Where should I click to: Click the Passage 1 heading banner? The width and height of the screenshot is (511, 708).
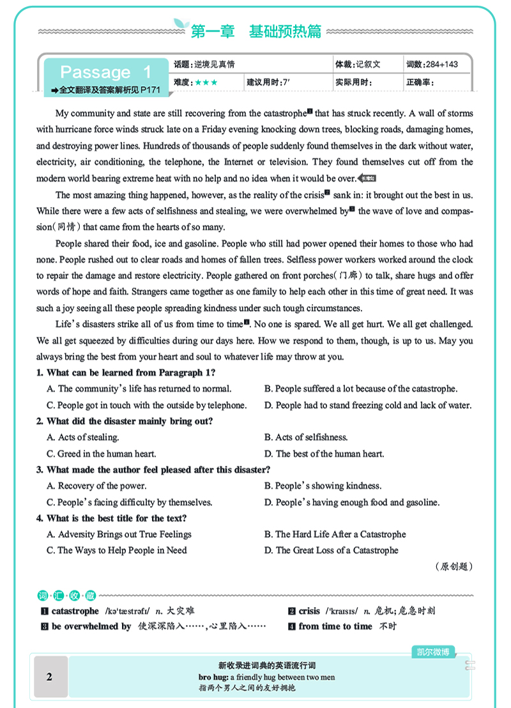coord(105,72)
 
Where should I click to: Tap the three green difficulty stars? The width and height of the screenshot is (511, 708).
coord(206,82)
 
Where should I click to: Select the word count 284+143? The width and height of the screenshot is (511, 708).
coord(432,65)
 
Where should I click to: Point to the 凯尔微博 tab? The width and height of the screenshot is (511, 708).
coord(433,652)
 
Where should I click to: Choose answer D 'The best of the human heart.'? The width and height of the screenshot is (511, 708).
coord(324,454)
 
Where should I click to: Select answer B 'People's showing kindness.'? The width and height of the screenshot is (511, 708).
coord(323,486)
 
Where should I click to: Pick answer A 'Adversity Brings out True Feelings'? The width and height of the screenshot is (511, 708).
coord(119,534)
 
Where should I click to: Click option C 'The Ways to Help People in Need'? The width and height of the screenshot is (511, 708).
coord(117,550)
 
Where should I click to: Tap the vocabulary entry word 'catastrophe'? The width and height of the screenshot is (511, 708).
coord(75,611)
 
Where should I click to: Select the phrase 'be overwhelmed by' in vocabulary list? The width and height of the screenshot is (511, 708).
coord(91,626)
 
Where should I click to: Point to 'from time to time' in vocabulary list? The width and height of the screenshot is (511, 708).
coord(335,626)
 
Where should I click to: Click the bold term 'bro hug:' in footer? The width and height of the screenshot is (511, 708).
coord(213,677)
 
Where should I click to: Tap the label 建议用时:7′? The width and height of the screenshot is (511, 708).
coord(269,82)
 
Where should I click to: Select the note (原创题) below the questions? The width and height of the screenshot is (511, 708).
coord(454,566)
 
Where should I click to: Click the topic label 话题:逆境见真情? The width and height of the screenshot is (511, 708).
coord(204,65)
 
